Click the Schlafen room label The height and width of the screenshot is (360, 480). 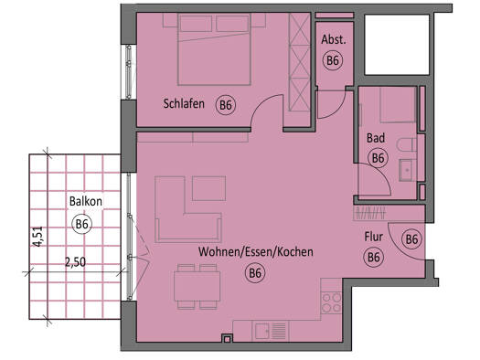184,103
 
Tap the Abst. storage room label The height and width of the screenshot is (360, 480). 334,39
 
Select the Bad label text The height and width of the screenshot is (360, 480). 376,138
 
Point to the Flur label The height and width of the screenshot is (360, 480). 373,237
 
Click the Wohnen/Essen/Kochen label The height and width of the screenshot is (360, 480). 256,251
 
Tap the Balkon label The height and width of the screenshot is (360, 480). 86,201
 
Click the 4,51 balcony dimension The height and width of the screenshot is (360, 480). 39,237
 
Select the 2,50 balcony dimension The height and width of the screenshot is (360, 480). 75,262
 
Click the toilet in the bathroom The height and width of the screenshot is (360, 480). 406,144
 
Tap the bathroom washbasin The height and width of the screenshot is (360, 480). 408,170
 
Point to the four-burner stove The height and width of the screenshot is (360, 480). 332,302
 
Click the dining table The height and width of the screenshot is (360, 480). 197,286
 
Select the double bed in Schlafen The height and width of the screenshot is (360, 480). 214,49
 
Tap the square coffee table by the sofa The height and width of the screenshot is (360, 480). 208,188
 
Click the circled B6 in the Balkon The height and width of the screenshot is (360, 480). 81,224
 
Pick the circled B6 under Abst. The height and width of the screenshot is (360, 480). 333,60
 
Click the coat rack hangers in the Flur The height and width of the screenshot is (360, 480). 369,212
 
